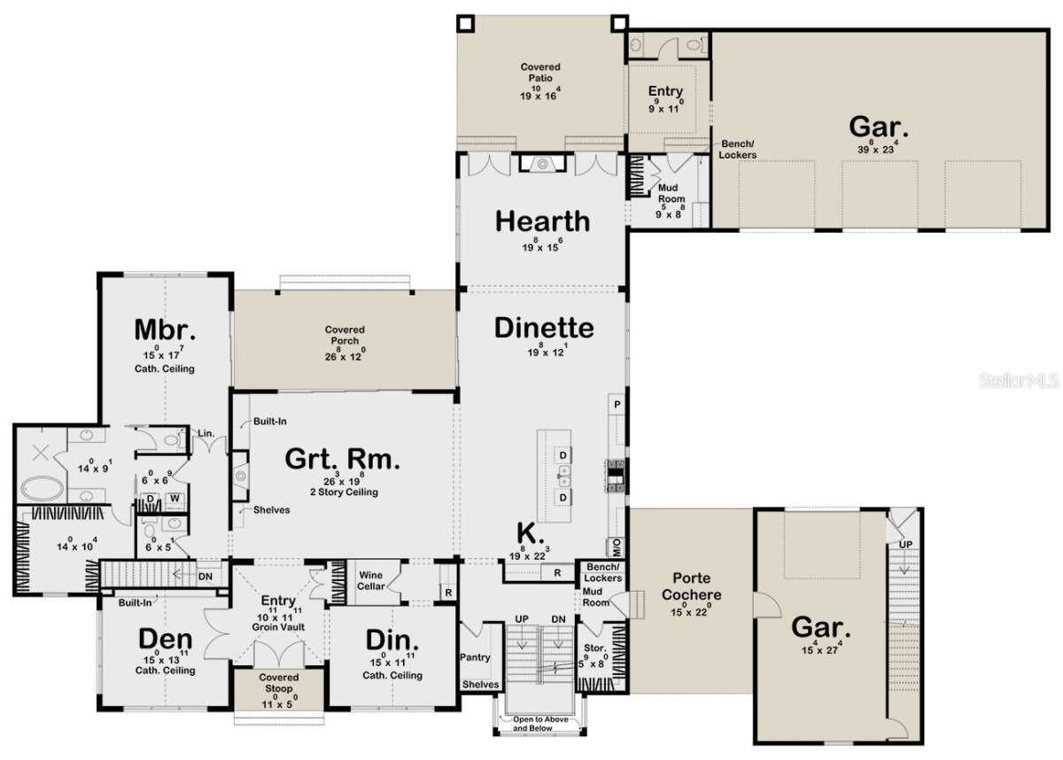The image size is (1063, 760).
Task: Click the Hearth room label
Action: coord(542,221)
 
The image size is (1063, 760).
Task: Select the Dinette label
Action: coord(543,328)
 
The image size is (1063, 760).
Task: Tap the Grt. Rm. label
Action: coord(342,459)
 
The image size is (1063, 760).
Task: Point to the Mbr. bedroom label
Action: coord(164,330)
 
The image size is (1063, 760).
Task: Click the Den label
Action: coord(165,639)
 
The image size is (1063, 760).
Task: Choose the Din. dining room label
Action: coord(392,641)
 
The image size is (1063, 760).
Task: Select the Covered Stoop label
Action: coord(279,683)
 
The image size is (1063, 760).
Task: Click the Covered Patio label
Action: coord(539,74)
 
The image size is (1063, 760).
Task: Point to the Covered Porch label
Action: coord(344,336)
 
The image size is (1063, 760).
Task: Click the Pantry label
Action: coord(475,658)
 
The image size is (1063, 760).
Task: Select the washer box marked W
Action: coord(175,500)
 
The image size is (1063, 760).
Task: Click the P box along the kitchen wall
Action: coord(616,404)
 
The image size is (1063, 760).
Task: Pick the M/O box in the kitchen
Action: coord(615,544)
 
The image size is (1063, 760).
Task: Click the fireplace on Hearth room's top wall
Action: coord(543,163)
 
